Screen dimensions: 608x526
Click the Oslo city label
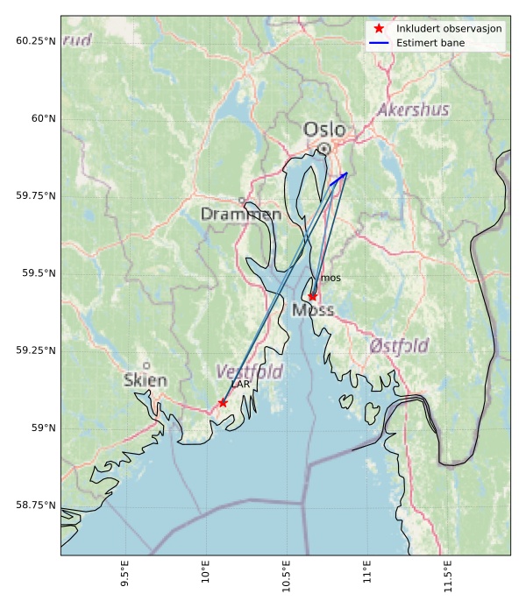[324, 130]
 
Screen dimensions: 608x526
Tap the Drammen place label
[241, 214]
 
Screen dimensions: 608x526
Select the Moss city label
[313, 310]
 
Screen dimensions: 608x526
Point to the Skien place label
[146, 380]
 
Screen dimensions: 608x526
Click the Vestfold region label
[250, 371]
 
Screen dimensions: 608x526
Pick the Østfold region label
[399, 345]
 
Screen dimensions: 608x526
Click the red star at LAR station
[223, 403]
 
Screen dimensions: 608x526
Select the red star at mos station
[312, 297]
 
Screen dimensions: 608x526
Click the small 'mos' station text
[331, 278]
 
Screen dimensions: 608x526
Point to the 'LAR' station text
[241, 384]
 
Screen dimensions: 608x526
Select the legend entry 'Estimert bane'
[430, 42]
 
